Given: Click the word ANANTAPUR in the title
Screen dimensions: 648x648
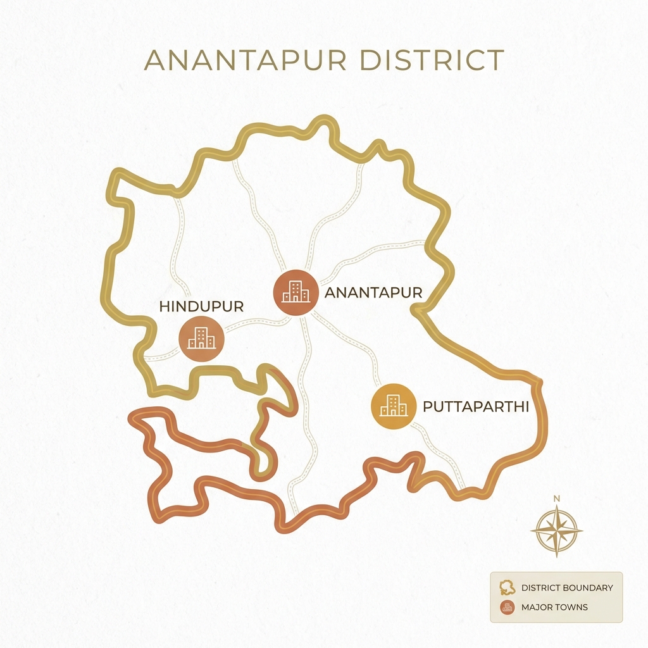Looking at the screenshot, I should coord(246,60).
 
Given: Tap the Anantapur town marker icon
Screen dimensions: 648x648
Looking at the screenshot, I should coord(295,292).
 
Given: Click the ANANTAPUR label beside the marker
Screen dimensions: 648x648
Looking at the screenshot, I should coord(373,292).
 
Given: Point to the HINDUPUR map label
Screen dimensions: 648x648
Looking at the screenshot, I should coord(201,306).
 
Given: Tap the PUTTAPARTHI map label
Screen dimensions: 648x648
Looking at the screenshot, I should coord(475,406).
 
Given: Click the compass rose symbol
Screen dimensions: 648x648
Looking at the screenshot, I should coord(556,530).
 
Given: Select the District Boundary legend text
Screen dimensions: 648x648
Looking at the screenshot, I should coord(566,587).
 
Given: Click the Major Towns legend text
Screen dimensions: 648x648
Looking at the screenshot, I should coord(554,607).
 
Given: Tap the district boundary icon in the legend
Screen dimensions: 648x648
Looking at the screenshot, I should coord(506,587).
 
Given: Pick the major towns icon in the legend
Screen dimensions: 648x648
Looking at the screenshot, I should coord(506,607).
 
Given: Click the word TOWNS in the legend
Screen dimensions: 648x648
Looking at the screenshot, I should coord(571,607).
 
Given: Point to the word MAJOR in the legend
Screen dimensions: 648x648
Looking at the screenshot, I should coord(536,607).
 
